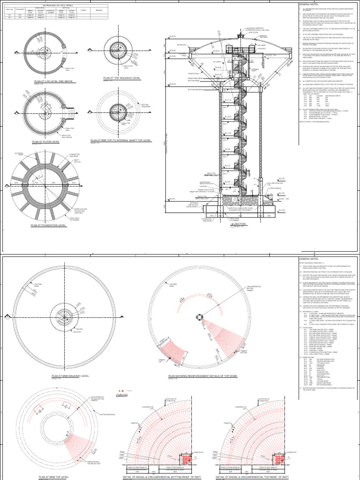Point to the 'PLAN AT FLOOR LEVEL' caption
46,142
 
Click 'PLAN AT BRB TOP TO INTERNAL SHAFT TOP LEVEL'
120,140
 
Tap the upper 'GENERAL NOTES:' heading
308,4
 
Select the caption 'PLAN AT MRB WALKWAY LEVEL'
70,375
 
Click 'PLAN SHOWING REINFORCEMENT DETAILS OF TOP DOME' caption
202,375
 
